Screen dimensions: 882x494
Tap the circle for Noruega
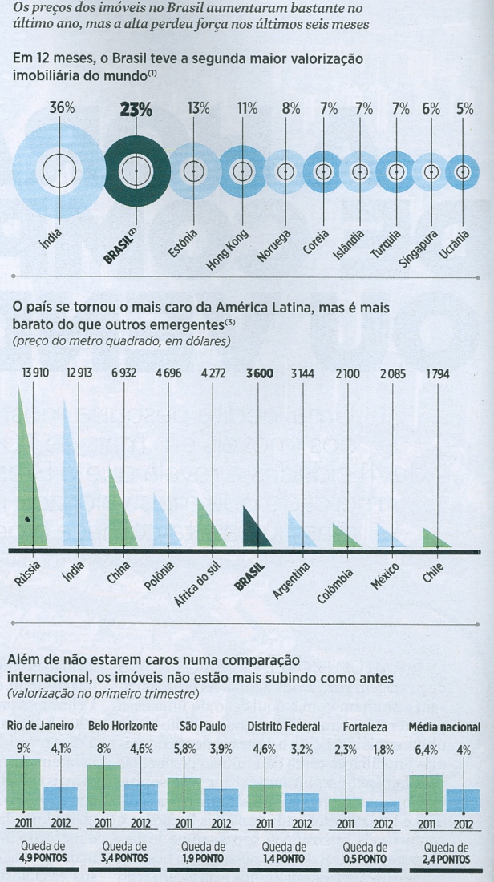point(285,171)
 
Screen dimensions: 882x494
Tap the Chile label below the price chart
point(434,575)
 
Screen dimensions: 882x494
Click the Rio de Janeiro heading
point(41,727)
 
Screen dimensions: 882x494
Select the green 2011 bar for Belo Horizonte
point(104,787)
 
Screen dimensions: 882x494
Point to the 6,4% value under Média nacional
point(425,751)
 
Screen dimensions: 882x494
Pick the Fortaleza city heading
point(365,727)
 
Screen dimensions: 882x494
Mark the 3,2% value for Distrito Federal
point(302,751)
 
